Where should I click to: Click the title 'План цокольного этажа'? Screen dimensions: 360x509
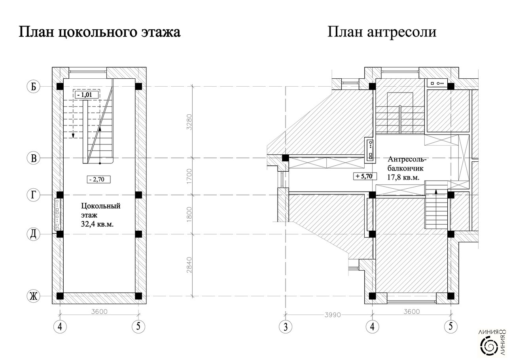click(x=100, y=32)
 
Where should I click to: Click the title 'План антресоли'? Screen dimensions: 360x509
click(x=382, y=32)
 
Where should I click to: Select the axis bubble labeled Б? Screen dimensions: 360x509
click(x=34, y=86)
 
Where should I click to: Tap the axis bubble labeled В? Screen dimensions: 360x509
click(x=34, y=158)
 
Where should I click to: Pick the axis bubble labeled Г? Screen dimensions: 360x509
click(x=34, y=195)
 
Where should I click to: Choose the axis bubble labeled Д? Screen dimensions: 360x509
click(x=34, y=234)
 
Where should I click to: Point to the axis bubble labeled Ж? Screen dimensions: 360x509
click(x=34, y=296)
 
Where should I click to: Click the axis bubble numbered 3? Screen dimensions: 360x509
click(x=285, y=327)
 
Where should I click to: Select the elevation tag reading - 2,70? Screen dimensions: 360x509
click(x=98, y=179)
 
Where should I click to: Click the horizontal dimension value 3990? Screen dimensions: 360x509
click(x=332, y=315)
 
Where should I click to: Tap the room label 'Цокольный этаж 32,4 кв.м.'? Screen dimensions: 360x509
click(x=100, y=215)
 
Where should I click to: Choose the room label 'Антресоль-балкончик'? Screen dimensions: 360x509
click(x=407, y=164)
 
